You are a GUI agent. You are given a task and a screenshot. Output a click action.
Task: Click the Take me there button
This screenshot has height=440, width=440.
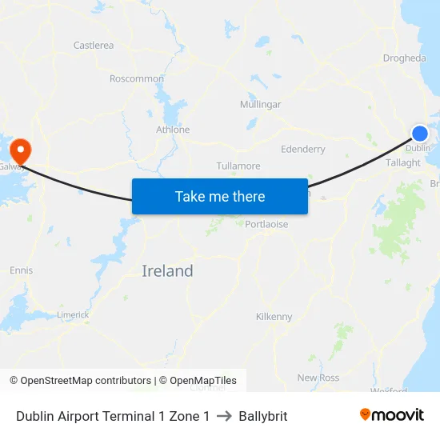point(220,196)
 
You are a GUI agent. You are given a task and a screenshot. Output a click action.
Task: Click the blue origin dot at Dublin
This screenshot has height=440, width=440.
point(419,134)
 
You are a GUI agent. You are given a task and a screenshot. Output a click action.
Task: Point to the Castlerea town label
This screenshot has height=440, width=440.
point(94,46)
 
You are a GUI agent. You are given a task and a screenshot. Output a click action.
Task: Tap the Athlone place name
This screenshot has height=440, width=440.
point(173,130)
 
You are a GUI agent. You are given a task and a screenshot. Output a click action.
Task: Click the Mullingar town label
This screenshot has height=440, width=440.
point(260,105)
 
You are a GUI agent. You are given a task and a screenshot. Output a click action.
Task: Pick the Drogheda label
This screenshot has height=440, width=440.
point(404,58)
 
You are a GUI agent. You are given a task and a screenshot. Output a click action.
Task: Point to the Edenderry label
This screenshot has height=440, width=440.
point(303,149)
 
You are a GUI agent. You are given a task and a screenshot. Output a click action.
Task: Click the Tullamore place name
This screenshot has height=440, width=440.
point(238,166)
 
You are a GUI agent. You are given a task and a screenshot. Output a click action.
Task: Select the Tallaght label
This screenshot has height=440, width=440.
point(403,162)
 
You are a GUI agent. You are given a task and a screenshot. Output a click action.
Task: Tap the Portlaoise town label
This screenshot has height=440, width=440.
point(266,225)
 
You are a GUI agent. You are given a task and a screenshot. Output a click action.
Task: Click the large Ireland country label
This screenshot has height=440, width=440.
point(167,271)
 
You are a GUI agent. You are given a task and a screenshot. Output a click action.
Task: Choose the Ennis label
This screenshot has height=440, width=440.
point(22,270)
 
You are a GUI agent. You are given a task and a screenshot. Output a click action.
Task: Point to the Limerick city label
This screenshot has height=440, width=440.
point(74,315)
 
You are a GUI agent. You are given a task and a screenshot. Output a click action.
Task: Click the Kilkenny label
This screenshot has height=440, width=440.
point(274,317)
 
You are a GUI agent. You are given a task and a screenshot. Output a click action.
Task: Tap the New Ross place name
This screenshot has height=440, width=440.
point(318,378)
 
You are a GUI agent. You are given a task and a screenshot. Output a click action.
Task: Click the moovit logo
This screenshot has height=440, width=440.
point(392,415)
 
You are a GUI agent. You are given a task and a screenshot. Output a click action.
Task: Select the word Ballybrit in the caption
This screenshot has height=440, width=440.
point(262,416)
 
